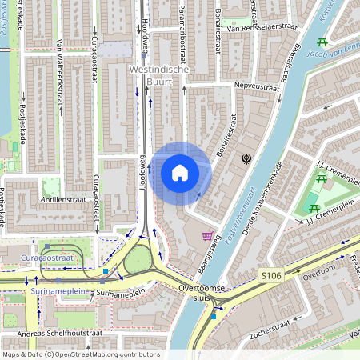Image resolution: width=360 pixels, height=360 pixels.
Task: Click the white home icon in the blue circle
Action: coord(179,173)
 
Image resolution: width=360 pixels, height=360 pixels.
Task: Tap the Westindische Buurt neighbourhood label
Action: coord(158,76)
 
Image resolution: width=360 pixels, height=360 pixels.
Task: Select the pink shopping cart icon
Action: coord(208,236)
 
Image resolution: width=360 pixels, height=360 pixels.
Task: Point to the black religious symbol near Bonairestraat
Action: coord(246,160)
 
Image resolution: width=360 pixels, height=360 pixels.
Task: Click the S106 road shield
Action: coord(270,274)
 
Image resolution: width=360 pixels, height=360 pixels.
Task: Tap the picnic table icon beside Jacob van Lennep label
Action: coord(322,42)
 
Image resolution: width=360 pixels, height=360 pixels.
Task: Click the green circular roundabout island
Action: coord(138,258)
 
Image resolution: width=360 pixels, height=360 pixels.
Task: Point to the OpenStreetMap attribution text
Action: coord(80,354)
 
